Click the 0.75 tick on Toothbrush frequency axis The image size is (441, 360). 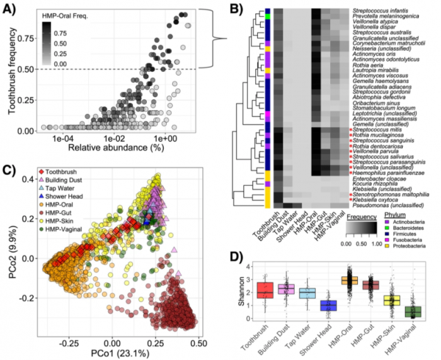[25, 38]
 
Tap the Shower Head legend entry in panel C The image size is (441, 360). [67, 195]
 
